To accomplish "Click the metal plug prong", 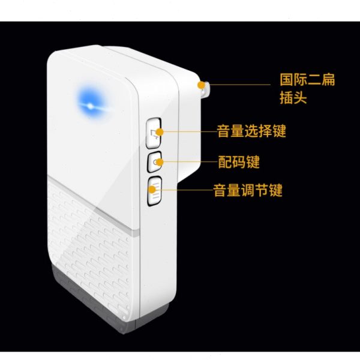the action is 204,88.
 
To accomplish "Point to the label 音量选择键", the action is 251,131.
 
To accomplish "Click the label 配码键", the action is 238,162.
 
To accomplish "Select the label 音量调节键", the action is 248,191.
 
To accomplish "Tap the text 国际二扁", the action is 307,80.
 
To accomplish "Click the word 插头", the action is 293,97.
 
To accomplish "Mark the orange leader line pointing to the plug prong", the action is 240,85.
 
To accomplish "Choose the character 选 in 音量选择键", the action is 251,131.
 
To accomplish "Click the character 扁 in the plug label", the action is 328,80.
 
